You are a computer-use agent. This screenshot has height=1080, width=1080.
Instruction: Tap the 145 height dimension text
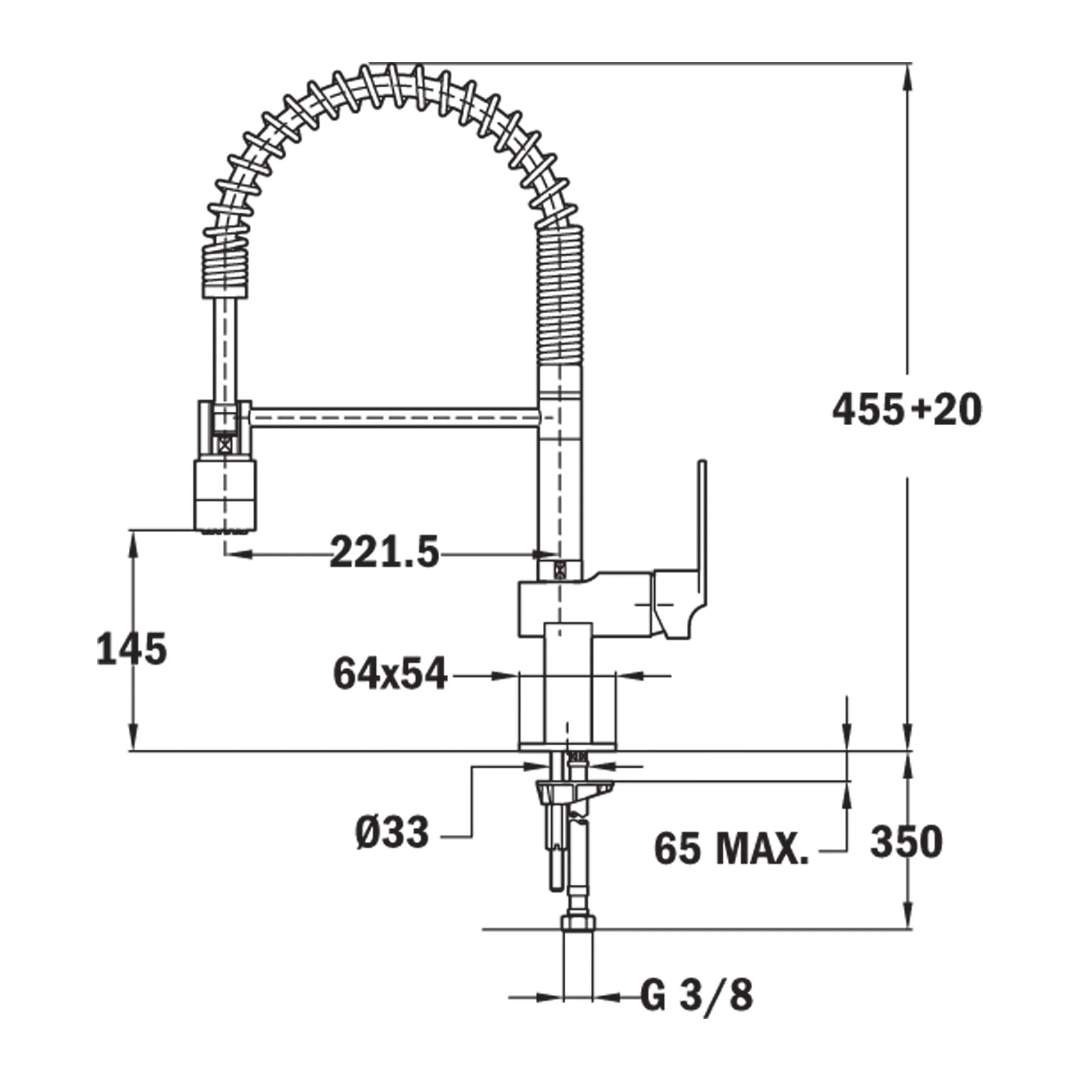[132, 649]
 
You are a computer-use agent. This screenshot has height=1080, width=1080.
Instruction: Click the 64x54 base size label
[390, 673]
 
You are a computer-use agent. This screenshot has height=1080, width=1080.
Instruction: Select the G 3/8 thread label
[696, 997]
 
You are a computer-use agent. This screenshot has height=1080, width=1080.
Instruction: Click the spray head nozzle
[226, 496]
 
